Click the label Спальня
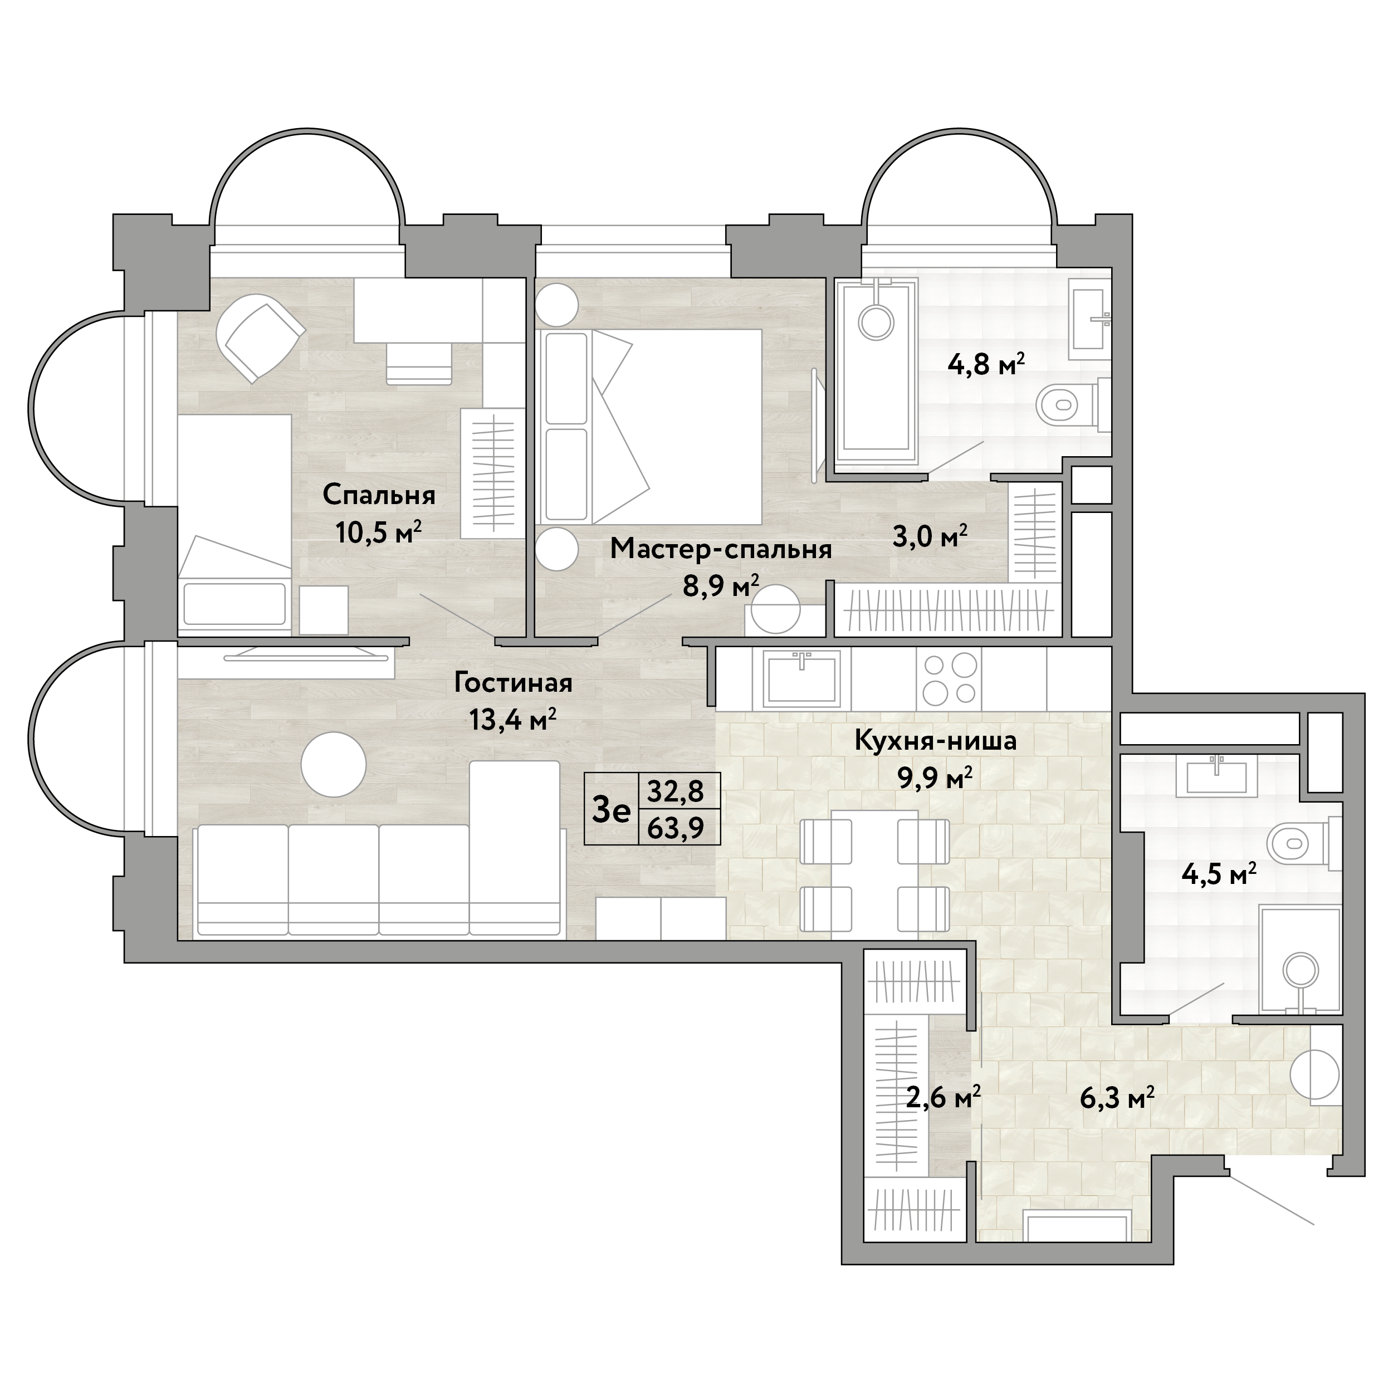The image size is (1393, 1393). point(379,495)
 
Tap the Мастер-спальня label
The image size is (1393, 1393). point(721,549)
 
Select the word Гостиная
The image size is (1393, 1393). point(514,682)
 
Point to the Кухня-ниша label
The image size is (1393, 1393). point(935,740)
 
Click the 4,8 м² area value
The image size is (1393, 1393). point(986,365)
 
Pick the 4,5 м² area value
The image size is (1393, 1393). point(1219,874)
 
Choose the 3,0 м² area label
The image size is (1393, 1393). point(930,536)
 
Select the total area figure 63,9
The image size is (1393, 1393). point(676,828)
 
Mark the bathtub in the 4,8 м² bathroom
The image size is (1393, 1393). point(876,369)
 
